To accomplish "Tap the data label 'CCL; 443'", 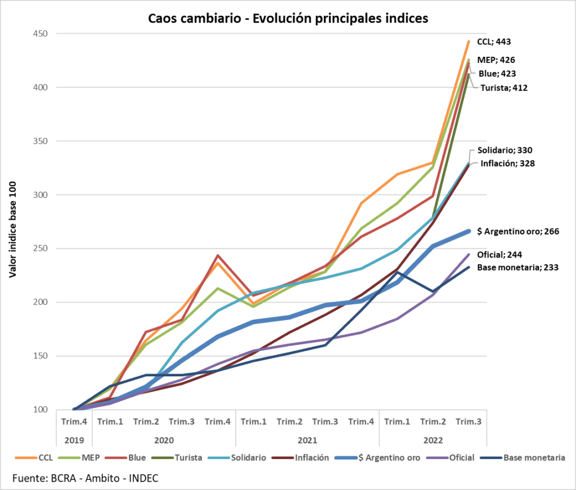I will click(x=494, y=42).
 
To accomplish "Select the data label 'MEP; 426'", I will click(x=496, y=60).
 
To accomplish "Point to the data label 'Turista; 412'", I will click(x=503, y=87).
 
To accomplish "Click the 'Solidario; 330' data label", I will click(x=505, y=150).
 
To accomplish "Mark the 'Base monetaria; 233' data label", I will click(x=517, y=267).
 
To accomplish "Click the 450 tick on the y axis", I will click(x=39, y=34).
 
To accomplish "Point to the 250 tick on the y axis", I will click(x=39, y=249).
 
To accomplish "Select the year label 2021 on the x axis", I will click(x=307, y=440).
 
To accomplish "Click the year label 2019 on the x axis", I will click(x=73, y=440).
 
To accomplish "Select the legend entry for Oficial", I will click(x=458, y=458).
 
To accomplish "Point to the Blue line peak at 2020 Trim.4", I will click(x=218, y=255).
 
